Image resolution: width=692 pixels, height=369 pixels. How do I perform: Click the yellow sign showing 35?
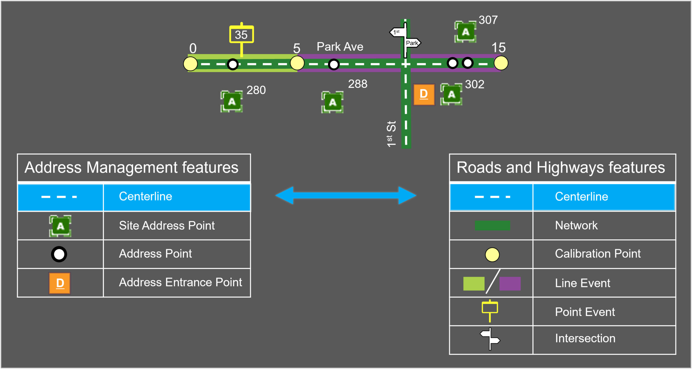point(241,34)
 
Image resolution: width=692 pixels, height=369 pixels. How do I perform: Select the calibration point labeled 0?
point(190,64)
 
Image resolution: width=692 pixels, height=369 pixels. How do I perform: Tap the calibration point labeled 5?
point(297,63)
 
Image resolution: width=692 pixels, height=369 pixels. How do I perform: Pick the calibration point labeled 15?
point(501,63)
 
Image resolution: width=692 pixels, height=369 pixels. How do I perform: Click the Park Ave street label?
point(340,47)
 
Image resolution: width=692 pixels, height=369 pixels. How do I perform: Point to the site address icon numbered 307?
point(465,32)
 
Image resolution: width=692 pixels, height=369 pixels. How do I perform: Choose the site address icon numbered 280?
point(231,101)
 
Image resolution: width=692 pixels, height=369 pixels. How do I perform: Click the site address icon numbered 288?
point(332,102)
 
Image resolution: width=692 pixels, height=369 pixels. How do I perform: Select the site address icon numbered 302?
point(451,94)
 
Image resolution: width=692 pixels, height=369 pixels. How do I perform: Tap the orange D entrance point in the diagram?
point(424,94)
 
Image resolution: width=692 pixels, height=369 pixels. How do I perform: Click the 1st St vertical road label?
point(391,134)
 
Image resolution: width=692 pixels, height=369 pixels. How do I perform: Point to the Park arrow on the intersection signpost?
point(412,43)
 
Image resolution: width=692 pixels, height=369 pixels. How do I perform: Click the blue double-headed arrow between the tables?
point(346,195)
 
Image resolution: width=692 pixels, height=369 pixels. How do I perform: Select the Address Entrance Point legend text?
point(180,282)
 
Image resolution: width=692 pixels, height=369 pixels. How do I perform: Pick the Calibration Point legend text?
point(598,254)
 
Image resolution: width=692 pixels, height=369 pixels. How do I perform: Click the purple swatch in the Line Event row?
point(510,284)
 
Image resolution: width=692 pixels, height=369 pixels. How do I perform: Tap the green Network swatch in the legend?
point(492,225)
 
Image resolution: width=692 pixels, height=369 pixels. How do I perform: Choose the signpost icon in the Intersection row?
point(490,339)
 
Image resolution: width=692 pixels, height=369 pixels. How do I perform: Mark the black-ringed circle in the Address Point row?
point(59,254)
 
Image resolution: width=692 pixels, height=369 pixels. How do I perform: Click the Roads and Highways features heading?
point(561,167)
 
